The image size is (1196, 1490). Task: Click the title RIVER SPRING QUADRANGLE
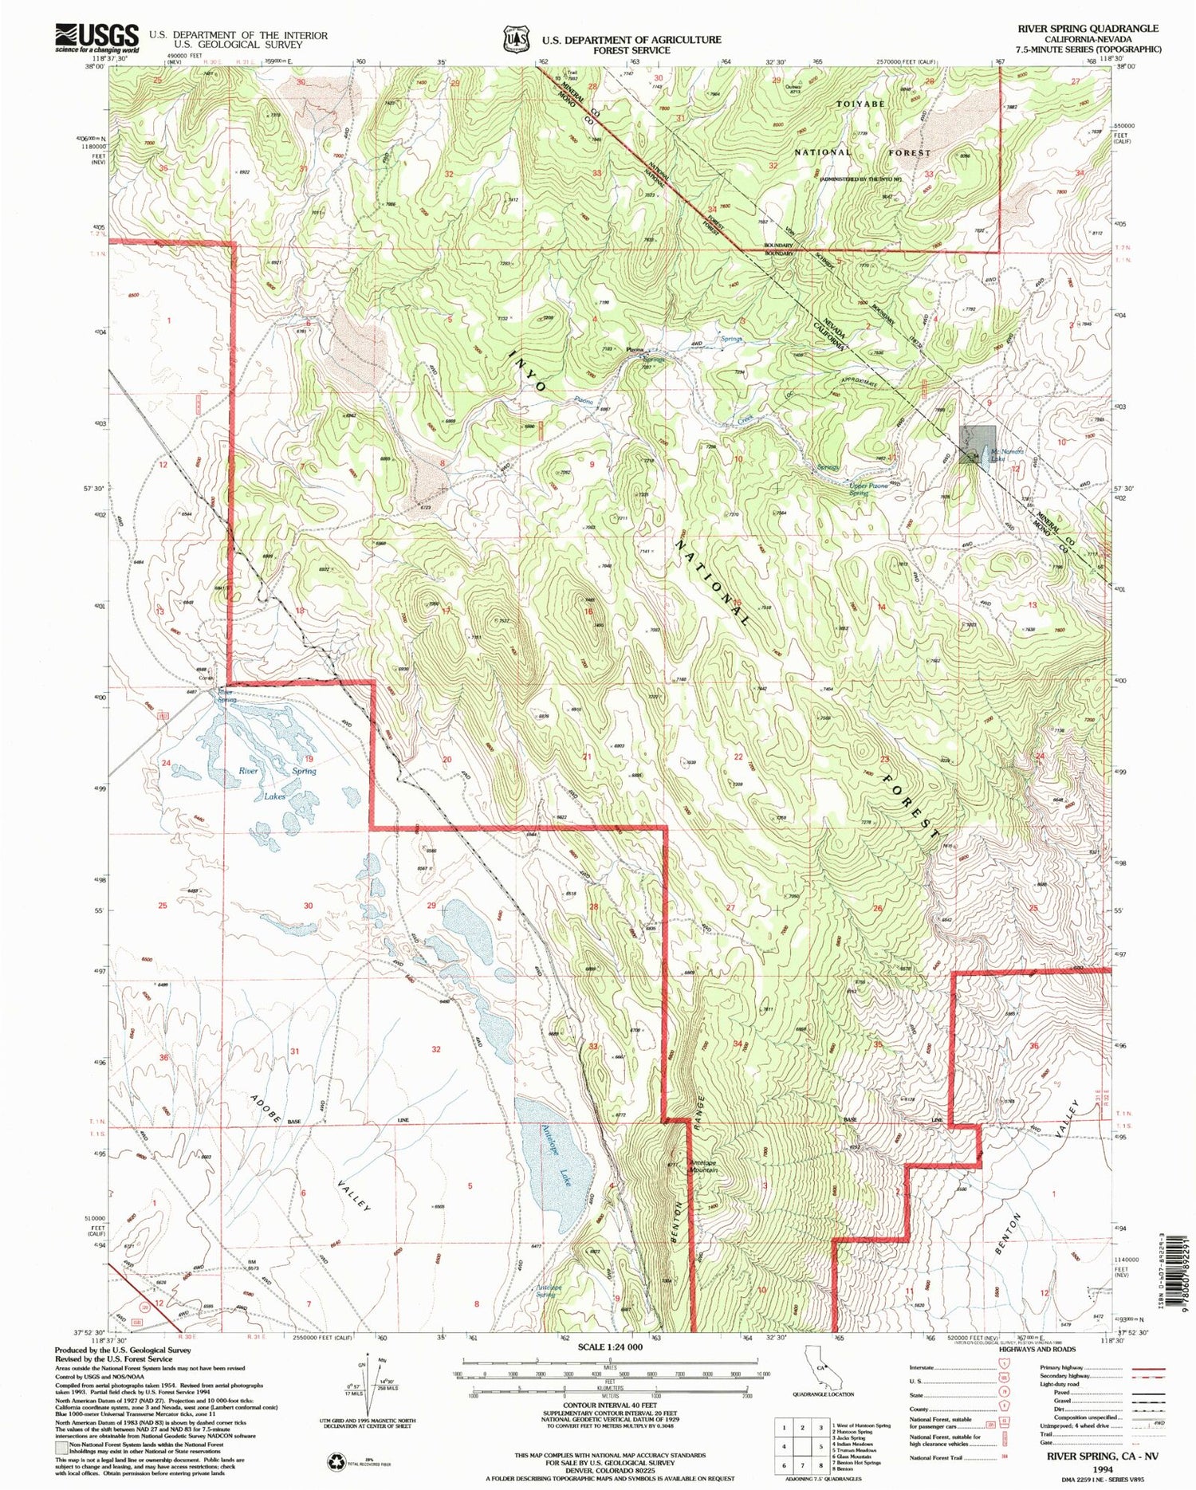point(1088,28)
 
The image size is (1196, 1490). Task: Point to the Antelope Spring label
point(556,1291)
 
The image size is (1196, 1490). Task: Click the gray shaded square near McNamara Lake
point(978,441)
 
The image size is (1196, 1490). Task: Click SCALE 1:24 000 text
point(610,1347)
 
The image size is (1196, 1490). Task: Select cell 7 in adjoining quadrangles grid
point(802,1464)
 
